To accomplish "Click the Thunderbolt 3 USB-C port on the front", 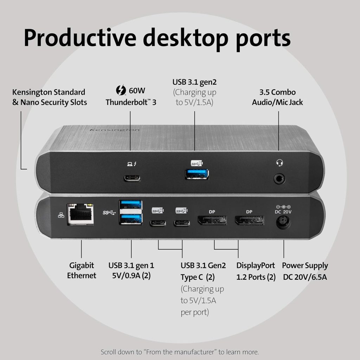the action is coord(132,178).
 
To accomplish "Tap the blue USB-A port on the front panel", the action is coord(197,174).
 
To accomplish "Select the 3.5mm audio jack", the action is coord(279,179).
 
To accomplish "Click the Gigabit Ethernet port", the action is coord(81,214).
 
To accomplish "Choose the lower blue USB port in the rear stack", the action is coord(130,218).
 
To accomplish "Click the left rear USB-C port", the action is coord(158,223).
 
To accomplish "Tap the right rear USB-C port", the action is coord(182,223).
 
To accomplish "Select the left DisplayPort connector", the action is coord(212,220).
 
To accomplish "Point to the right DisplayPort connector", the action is coord(249,220).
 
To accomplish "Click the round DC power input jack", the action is coord(283,223).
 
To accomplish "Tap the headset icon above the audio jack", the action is coord(279,163).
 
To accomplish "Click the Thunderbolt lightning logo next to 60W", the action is coord(121,90).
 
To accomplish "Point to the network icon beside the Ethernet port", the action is coord(61,215).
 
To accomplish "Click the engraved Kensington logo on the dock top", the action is coord(115,130).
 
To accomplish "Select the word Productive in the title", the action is coord(80,38).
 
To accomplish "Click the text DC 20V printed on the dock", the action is coord(283,212).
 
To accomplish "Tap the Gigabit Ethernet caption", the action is coord(82,270).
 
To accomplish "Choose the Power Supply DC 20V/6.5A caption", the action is coord(305,271).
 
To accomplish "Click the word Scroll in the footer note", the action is coord(109,352).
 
